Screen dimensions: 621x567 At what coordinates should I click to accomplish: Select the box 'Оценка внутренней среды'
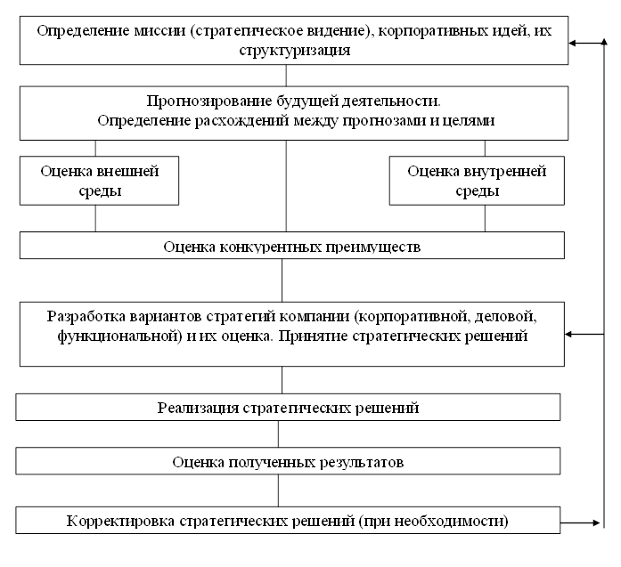477,181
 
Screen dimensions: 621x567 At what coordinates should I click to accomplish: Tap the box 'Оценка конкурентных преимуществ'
291,245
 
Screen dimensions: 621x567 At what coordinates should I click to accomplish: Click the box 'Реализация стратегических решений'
288,408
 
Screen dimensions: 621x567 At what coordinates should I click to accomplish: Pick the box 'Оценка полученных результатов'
288,462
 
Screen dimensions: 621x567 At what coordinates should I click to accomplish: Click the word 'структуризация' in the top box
294,51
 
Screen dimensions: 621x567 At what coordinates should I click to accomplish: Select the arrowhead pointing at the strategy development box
571,335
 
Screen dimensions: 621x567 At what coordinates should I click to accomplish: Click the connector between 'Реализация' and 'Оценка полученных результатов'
279,433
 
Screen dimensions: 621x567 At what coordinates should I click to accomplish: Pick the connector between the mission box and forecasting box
287,75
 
